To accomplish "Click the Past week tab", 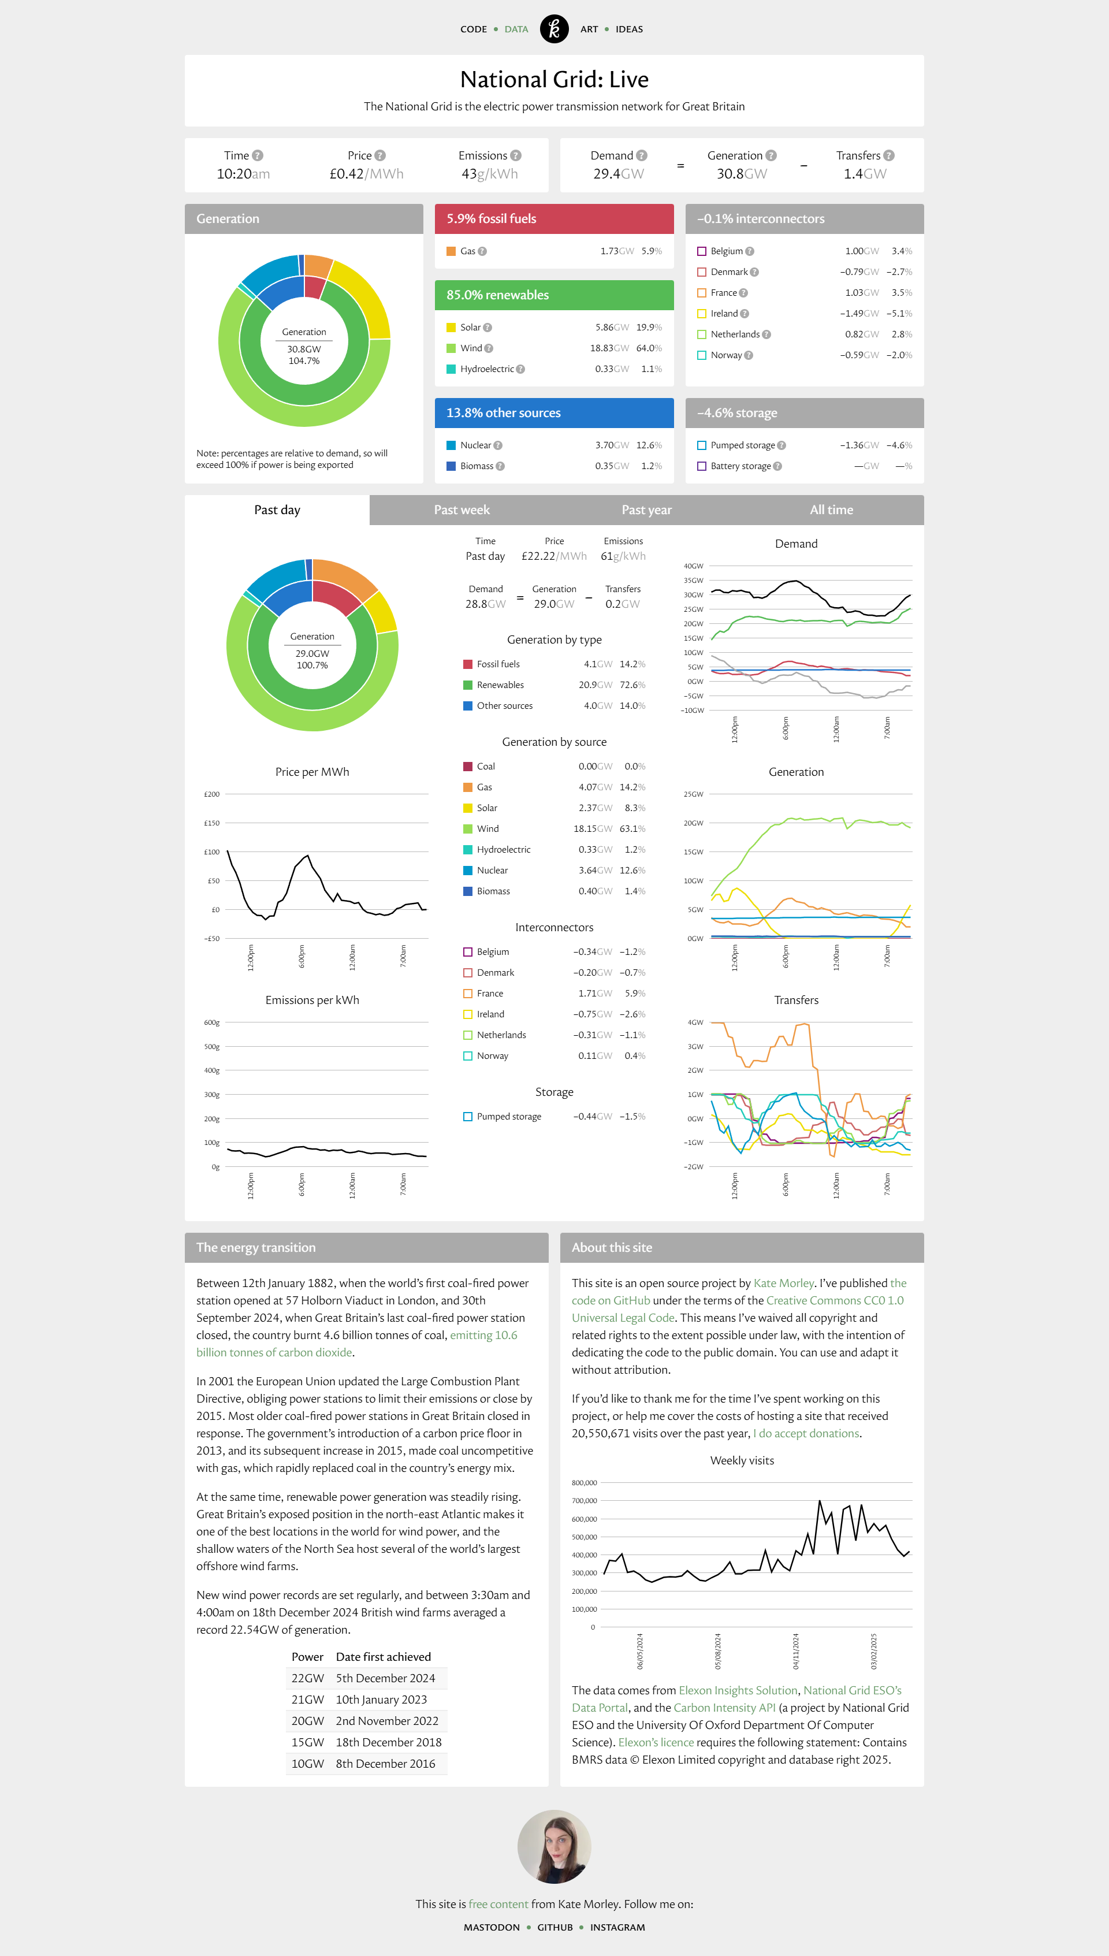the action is click(x=462, y=510).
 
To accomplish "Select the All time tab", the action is click(x=831, y=510).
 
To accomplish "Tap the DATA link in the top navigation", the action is click(x=516, y=29).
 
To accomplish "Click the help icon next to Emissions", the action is click(x=516, y=155).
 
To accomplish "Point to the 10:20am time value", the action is click(x=243, y=174).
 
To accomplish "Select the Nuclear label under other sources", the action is click(x=475, y=445).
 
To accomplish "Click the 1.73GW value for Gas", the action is click(x=617, y=251).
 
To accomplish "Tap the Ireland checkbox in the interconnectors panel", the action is click(x=702, y=313).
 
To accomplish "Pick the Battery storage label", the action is click(x=740, y=466).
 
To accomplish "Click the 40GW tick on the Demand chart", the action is click(x=693, y=566).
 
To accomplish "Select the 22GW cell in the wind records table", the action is click(x=308, y=1678).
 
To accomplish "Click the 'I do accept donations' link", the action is click(x=806, y=1433).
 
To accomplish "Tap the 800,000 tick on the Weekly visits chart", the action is click(x=584, y=1482).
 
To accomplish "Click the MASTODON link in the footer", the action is click(x=492, y=1927).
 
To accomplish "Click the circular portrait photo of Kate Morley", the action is click(x=554, y=1846).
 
